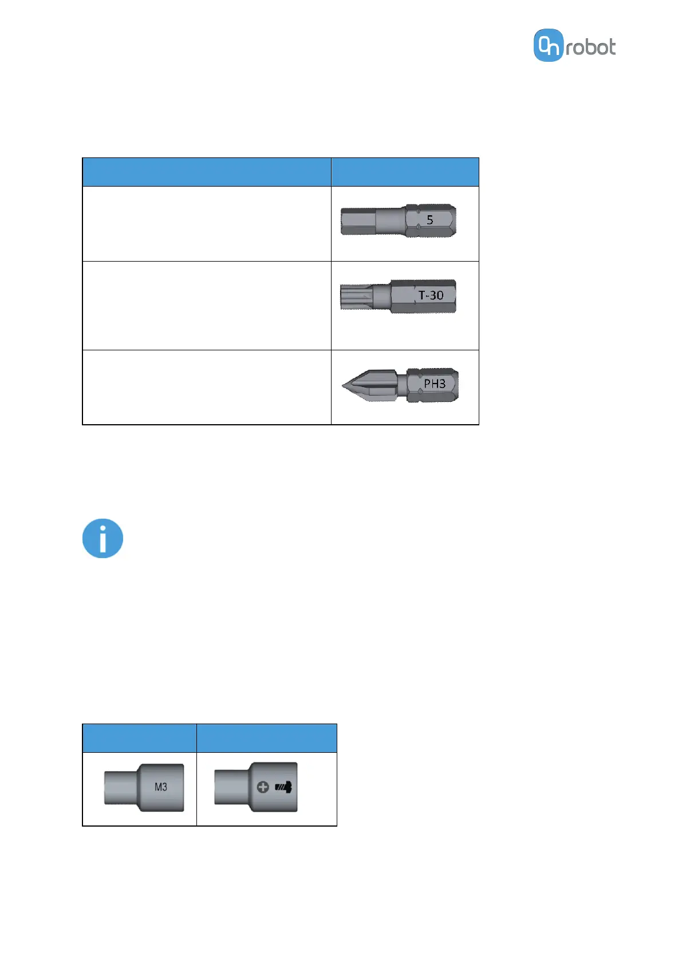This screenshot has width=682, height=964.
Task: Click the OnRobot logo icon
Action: coord(548,45)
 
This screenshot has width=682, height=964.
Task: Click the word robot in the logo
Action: coord(590,48)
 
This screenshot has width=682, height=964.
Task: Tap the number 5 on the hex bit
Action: coord(430,220)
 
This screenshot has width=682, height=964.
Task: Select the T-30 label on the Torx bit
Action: coord(431,295)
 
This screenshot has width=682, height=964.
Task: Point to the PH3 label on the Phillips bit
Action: coord(435,384)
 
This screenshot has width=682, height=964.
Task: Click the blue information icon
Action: coord(103,539)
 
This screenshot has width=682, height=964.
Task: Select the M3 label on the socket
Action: coord(161,787)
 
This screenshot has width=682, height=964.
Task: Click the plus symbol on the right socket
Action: coord(263,787)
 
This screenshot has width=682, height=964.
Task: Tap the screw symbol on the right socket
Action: coord(284,787)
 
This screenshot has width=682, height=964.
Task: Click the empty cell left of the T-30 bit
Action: coord(207,306)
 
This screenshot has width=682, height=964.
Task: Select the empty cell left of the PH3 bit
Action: coord(207,387)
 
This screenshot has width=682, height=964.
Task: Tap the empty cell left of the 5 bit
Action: coord(207,224)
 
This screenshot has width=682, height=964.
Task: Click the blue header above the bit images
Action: coord(405,172)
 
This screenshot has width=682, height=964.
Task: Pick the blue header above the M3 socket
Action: coord(139,738)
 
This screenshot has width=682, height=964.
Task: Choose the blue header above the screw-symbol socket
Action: coord(266,738)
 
